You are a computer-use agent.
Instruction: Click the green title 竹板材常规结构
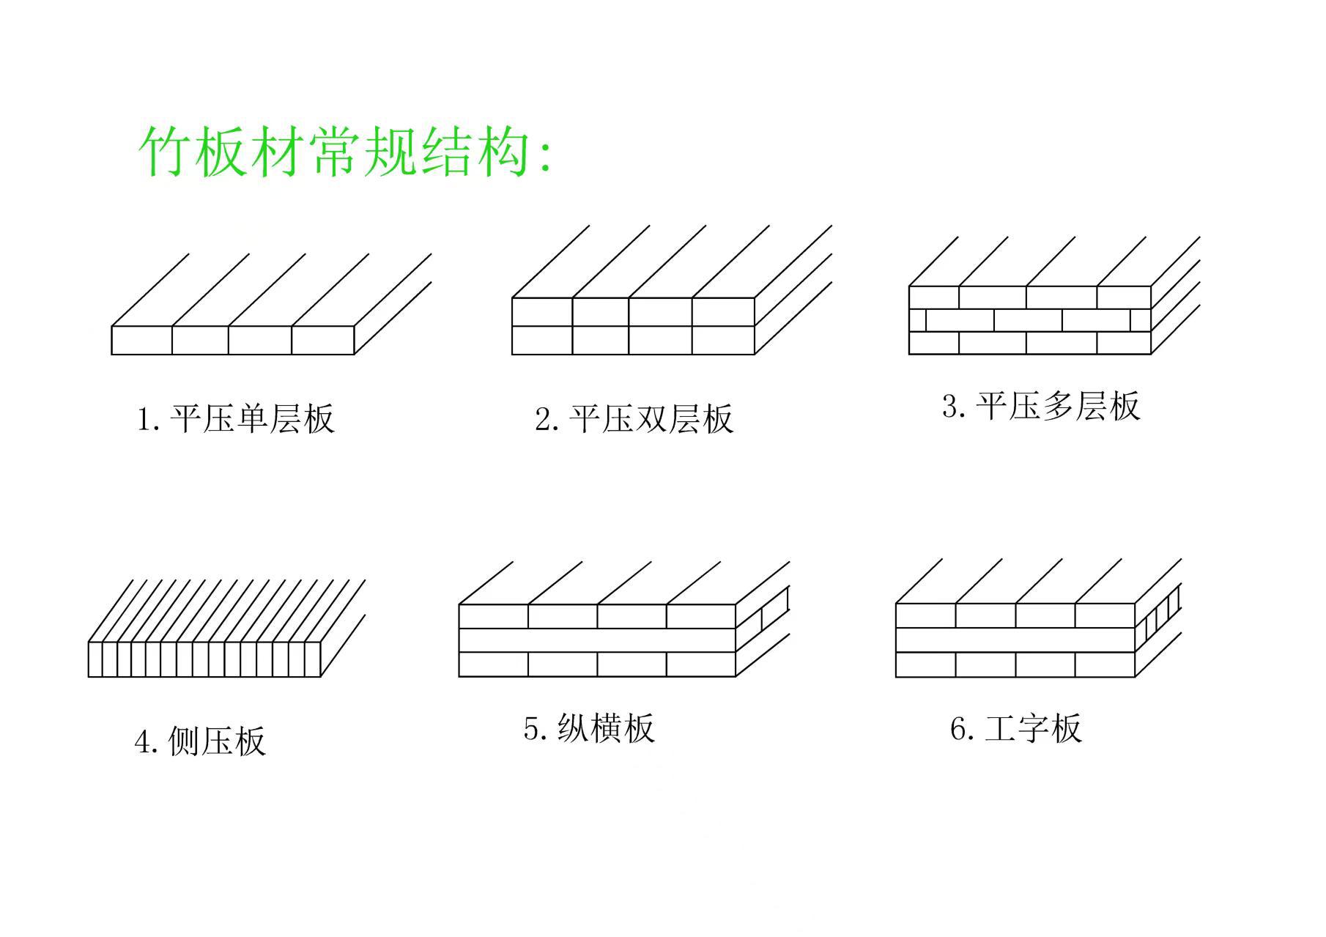344,152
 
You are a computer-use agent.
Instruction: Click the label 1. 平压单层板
236,418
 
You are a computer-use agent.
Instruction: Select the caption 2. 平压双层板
634,418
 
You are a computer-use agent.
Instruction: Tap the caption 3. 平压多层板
1041,406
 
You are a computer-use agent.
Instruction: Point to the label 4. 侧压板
199,741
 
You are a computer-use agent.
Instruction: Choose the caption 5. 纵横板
589,728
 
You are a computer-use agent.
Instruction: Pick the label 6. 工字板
1016,728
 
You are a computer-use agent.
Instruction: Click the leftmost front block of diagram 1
141,340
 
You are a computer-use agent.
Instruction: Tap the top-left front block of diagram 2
541,312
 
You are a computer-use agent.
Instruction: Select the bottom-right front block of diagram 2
723,340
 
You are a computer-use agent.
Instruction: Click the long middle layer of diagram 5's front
597,640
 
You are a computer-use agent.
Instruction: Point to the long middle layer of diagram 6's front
1015,640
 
